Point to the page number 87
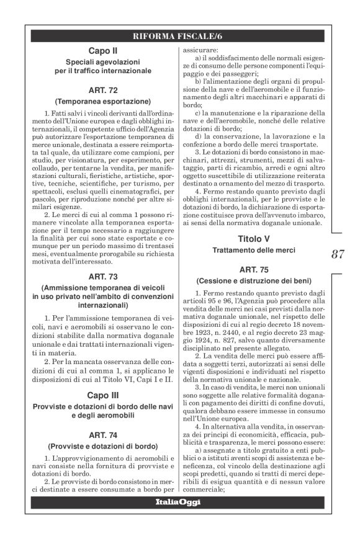pos(338,254)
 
